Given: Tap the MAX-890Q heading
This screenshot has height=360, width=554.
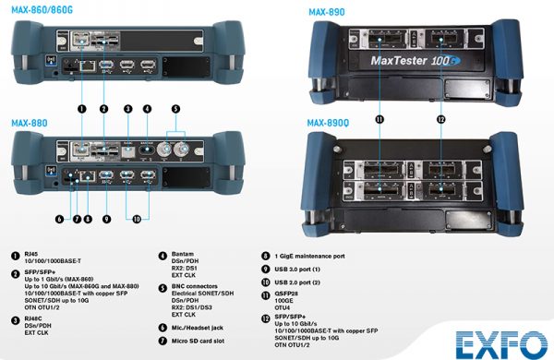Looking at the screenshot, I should pos(328,122).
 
